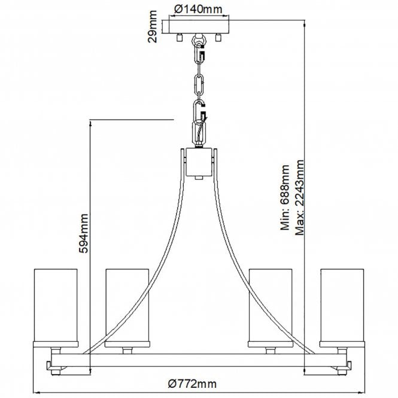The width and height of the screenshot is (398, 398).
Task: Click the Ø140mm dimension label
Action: point(198,10)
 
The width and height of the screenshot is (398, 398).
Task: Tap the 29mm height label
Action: point(152,26)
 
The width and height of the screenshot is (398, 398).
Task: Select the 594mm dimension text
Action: point(84,233)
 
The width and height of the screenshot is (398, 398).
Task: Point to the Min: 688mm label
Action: point(285,198)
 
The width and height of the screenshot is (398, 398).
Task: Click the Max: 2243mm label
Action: point(299,198)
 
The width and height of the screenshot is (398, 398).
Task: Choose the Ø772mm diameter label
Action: point(192,383)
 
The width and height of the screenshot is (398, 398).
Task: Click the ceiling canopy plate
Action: point(199,27)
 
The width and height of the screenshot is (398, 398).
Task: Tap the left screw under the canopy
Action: point(180,37)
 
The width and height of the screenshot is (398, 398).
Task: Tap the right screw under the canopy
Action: point(218,37)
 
